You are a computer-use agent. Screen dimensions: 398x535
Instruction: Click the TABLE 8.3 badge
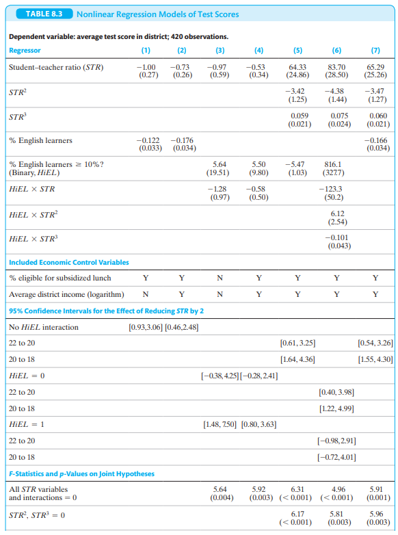click(x=44, y=14)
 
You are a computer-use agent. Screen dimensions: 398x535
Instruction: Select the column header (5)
click(x=297, y=50)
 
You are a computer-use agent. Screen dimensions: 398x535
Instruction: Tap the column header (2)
click(x=182, y=50)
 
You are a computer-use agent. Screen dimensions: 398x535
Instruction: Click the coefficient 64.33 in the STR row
click(x=297, y=67)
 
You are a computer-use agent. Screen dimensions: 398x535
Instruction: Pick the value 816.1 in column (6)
click(x=333, y=164)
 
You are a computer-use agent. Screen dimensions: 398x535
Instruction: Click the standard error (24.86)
click(x=297, y=75)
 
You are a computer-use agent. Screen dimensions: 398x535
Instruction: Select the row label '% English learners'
click(x=40, y=140)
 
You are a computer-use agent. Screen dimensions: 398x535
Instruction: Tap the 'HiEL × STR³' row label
click(x=34, y=239)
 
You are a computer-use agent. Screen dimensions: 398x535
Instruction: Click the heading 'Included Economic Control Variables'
click(x=69, y=263)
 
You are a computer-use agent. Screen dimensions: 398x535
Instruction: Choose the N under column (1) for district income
click(x=146, y=294)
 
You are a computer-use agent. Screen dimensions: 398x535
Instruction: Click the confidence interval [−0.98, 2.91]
click(x=336, y=441)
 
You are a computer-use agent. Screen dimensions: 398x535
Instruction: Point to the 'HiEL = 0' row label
click(x=27, y=376)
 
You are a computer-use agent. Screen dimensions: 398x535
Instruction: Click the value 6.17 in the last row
click(x=297, y=514)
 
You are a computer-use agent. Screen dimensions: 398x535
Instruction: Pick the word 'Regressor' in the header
click(x=25, y=50)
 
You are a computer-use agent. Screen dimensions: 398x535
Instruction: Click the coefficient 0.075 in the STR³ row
click(x=339, y=116)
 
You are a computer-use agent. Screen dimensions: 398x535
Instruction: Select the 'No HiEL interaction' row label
click(x=44, y=327)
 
